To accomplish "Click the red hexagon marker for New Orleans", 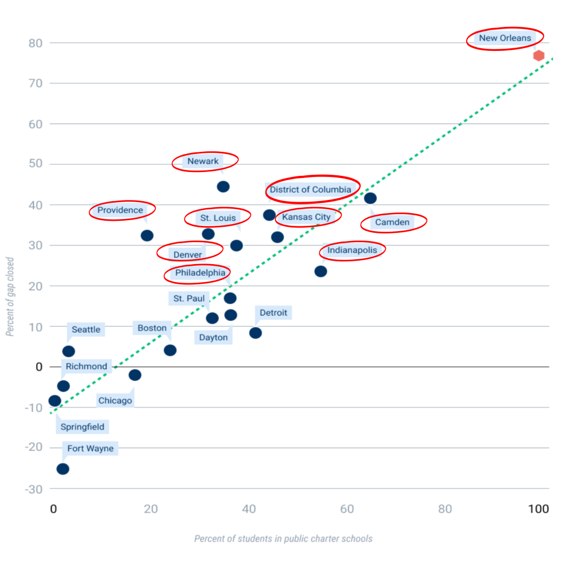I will click(x=539, y=55).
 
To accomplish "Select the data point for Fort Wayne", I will click(x=63, y=469).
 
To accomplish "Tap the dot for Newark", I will click(x=223, y=186).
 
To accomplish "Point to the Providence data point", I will click(x=147, y=236).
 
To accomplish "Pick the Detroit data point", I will click(x=255, y=333).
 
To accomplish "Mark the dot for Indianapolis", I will click(x=320, y=271).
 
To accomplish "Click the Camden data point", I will click(x=370, y=198).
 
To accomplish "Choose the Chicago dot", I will click(x=135, y=375).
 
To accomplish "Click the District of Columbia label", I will click(x=311, y=190).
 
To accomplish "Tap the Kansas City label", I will click(x=306, y=217).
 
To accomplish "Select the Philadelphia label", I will click(x=200, y=272).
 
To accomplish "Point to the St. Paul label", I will click(x=189, y=299).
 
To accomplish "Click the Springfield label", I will click(x=82, y=427).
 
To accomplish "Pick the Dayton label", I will click(x=213, y=337).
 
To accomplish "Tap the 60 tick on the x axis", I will click(x=346, y=509).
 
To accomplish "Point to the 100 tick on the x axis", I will click(x=539, y=509).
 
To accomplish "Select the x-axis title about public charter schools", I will click(x=283, y=539).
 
